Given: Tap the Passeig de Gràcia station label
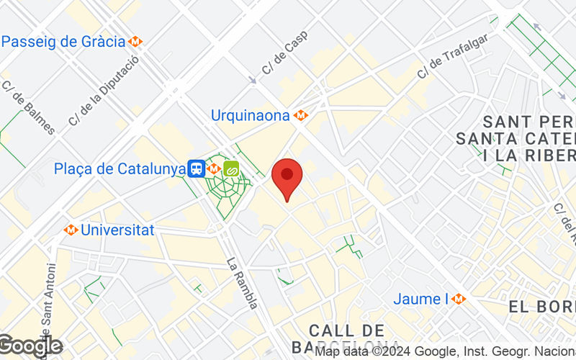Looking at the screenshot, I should point(63,41).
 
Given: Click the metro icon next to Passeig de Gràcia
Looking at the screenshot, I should point(135,42).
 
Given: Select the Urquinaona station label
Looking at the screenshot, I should point(250,115).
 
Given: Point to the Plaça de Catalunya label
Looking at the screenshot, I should point(120,169).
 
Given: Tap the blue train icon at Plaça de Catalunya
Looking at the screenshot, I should point(196,169).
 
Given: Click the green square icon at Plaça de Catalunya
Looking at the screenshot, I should point(232,169).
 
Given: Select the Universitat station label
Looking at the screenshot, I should point(117,230).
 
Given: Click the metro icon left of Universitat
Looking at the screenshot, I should point(71,230).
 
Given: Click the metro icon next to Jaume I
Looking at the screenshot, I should point(459,299).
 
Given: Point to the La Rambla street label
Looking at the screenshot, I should point(242,283).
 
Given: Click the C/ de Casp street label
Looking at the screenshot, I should point(284,57).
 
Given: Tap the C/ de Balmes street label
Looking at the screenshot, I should point(28,107).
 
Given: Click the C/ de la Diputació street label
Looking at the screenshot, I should point(103,92).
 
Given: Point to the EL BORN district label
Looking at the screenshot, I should point(541,307).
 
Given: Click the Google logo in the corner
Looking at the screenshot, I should point(30,346).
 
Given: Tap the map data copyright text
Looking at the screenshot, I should point(445,352).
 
